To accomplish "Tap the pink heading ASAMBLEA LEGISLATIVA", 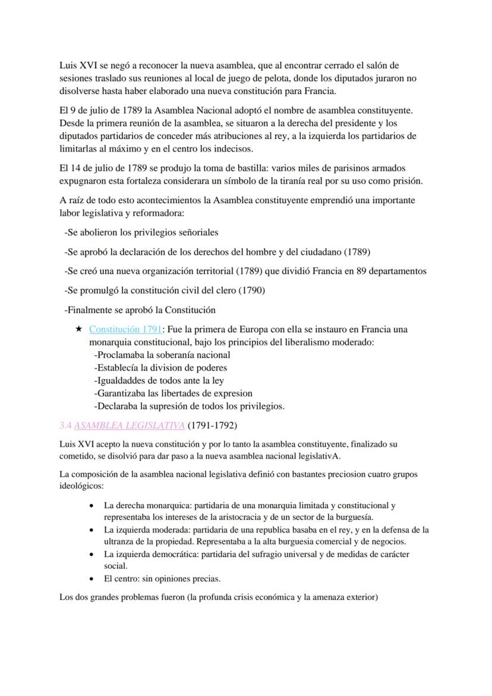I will tap(129, 426).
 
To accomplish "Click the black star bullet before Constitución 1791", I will tap(78, 329).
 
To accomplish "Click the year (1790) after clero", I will tap(252, 290).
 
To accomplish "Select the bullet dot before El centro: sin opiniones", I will tap(91, 578).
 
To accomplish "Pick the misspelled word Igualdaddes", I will tap(122, 380).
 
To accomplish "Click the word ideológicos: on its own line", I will tap(81, 486).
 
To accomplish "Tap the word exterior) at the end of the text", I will tap(359, 597).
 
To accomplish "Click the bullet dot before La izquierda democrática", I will tap(91, 555).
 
